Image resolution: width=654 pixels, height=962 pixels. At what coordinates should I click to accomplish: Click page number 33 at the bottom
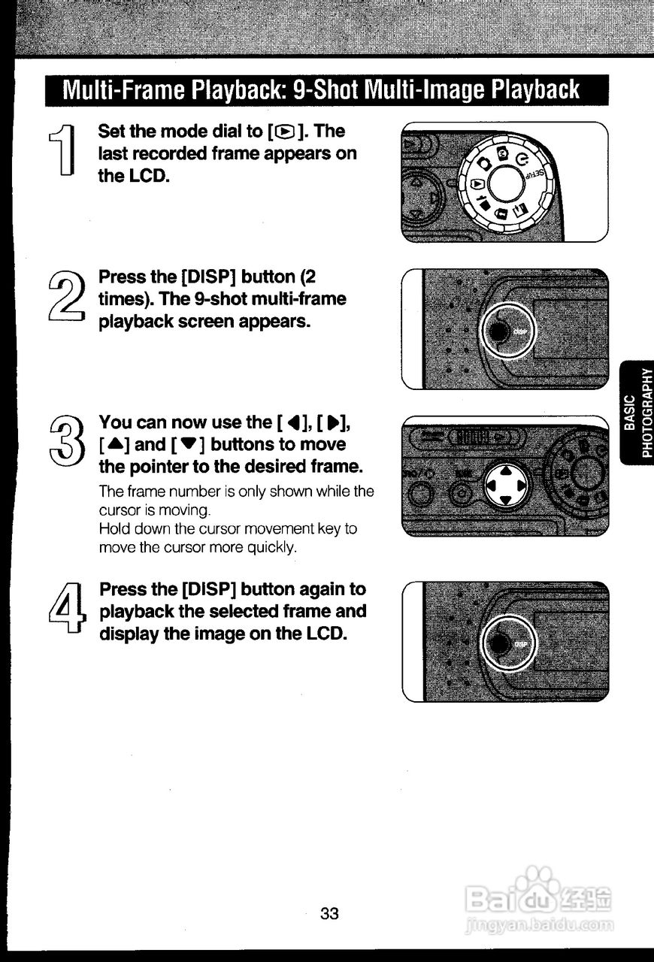coord(329,914)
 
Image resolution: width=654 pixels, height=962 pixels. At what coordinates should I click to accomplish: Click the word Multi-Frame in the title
coord(123,91)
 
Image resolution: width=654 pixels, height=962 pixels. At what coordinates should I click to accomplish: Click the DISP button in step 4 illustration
coord(501,643)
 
